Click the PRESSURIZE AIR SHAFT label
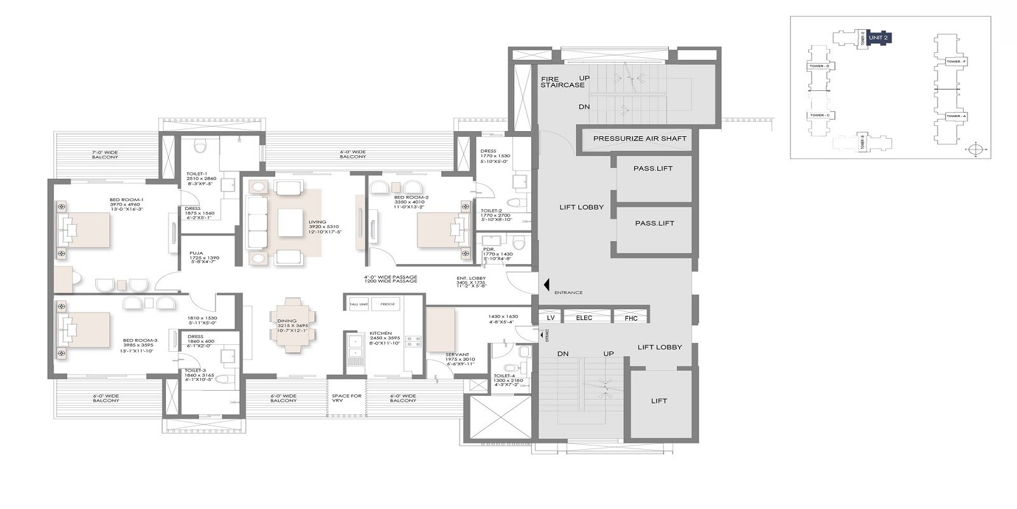tap(639, 138)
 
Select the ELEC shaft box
tap(584, 317)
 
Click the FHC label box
tap(631, 317)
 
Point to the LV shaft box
tap(550, 317)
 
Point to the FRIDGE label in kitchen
tap(388, 304)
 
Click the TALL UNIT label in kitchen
tap(358, 304)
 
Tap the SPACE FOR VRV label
tap(346, 398)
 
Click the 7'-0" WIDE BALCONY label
tap(105, 155)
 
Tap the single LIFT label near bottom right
tap(659, 401)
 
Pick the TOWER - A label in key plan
tap(955, 116)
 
